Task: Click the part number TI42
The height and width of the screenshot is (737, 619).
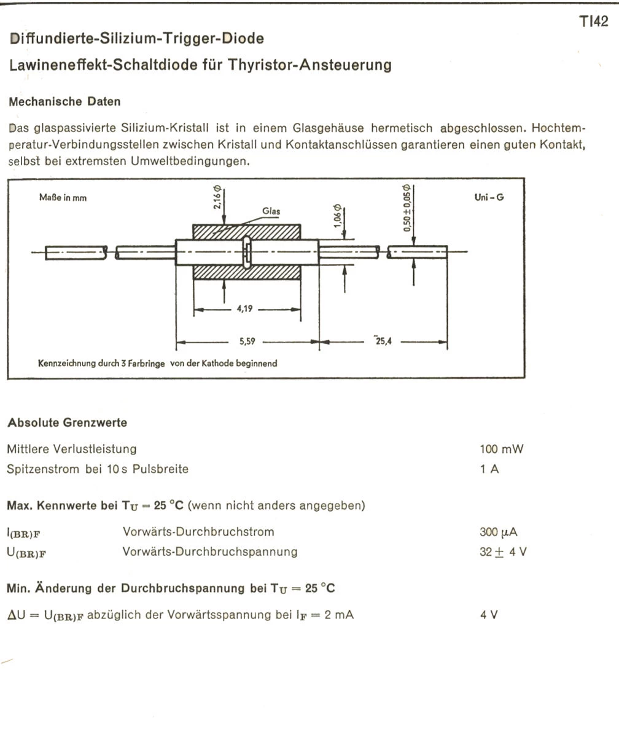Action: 593,22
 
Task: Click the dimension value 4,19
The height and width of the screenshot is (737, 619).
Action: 246,310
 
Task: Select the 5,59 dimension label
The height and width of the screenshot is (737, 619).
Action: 247,341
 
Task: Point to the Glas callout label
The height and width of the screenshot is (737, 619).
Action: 271,211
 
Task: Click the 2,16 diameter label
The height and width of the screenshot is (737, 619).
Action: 217,198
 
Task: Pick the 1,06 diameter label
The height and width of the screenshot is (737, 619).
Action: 337,216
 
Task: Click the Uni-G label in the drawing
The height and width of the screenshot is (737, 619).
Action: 489,198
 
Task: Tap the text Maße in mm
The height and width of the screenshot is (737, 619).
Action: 62,198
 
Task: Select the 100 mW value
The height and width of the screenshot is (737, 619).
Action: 501,449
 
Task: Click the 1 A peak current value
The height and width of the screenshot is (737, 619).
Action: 486,469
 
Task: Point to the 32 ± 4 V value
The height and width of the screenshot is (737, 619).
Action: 502,552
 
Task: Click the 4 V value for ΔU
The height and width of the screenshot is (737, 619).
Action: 489,614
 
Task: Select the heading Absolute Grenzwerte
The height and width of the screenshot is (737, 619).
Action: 67,423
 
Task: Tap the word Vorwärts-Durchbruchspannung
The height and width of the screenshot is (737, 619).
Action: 210,552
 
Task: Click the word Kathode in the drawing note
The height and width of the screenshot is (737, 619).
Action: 232,363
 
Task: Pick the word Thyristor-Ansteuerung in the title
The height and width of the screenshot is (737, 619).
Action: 310,64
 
